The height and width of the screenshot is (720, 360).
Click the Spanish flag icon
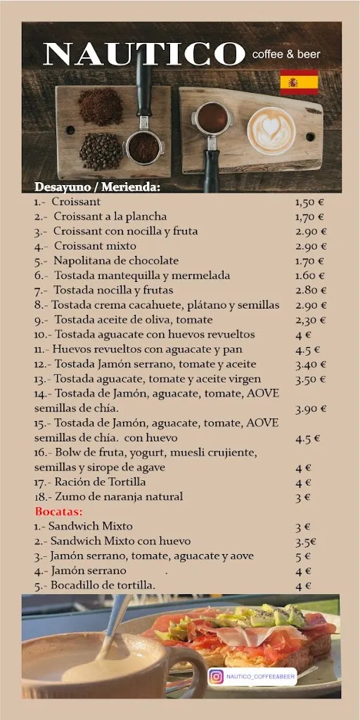[299, 82]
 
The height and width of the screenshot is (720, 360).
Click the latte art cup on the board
[271, 130]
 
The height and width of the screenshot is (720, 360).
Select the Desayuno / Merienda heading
[98, 187]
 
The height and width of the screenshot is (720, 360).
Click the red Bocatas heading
[58, 511]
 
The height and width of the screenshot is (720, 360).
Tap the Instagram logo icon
[217, 676]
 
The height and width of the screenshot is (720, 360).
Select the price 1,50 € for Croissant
[309, 202]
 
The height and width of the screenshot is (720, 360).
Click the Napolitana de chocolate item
[106, 261]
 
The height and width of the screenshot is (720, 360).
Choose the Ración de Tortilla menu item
[90, 482]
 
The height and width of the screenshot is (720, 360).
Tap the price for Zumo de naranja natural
[303, 497]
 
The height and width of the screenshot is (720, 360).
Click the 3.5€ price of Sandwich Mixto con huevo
[305, 541]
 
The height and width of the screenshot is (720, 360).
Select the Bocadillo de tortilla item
[95, 585]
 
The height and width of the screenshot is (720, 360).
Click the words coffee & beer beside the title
[286, 54]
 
